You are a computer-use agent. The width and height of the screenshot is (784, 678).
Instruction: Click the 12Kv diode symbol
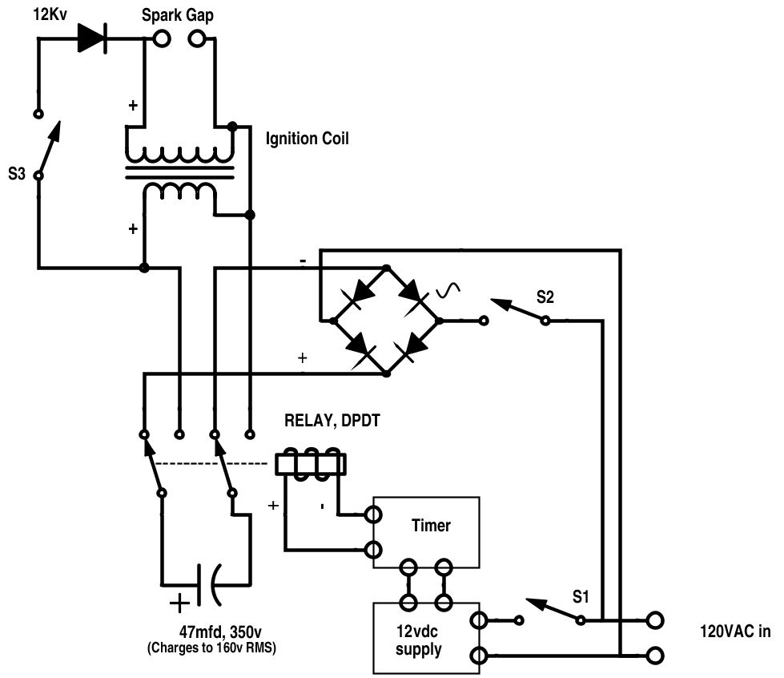tap(93, 38)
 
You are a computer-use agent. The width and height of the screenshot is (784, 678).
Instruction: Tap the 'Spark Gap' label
tap(178, 15)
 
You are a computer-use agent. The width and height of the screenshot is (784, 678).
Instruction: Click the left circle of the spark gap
tap(162, 38)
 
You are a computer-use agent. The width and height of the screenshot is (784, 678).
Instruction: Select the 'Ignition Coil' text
tap(307, 139)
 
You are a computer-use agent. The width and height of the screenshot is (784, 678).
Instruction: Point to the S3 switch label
tap(17, 174)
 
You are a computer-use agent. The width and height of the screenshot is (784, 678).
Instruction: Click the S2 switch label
tap(545, 297)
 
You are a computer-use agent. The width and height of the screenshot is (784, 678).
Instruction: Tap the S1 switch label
tap(581, 596)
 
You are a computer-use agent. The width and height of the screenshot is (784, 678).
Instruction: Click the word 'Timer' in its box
tap(431, 526)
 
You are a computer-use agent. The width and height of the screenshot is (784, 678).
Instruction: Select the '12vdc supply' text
tap(419, 640)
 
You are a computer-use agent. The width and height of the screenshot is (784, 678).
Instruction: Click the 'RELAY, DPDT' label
tap(332, 420)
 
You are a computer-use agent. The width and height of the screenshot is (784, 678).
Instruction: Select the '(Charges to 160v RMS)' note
tap(211, 648)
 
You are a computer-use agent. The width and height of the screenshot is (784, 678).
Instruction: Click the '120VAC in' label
tap(735, 632)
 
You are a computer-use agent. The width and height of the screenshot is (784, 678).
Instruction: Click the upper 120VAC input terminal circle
tap(655, 620)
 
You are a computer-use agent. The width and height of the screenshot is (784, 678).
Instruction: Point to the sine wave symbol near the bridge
tap(448, 289)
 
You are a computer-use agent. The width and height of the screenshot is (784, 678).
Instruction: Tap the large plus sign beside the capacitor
tap(179, 603)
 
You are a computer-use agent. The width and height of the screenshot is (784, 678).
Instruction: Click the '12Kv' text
tap(50, 14)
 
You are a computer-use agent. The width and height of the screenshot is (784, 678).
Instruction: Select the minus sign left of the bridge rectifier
tap(303, 261)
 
